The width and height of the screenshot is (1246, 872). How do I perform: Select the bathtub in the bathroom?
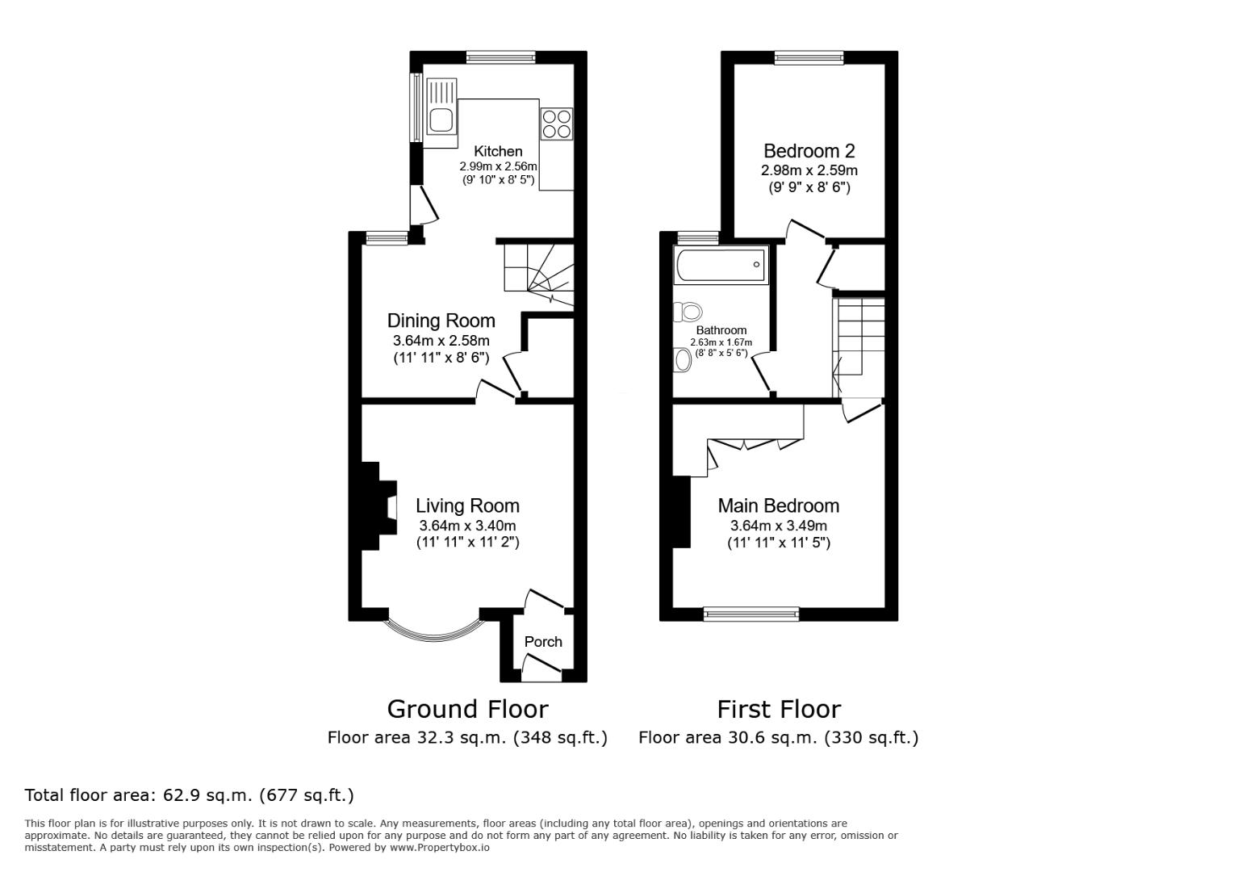click(721, 265)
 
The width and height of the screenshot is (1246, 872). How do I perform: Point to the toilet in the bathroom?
click(688, 311)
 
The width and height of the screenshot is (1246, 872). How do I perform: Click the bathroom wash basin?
click(684, 360)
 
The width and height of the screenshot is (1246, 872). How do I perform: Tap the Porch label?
click(543, 641)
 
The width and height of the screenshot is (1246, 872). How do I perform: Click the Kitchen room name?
click(498, 151)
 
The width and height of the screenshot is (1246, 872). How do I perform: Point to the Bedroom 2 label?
click(809, 151)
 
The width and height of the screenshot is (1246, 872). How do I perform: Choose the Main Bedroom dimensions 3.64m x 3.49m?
click(778, 526)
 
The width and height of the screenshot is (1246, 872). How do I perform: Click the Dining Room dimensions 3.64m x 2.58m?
click(441, 341)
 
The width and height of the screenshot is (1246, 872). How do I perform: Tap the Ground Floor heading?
click(467, 709)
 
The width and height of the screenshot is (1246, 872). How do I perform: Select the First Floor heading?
click(779, 709)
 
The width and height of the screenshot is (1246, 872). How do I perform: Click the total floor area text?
click(189, 795)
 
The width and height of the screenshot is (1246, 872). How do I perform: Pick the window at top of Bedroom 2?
click(809, 57)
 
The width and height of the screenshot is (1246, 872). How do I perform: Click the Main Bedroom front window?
click(751, 614)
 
